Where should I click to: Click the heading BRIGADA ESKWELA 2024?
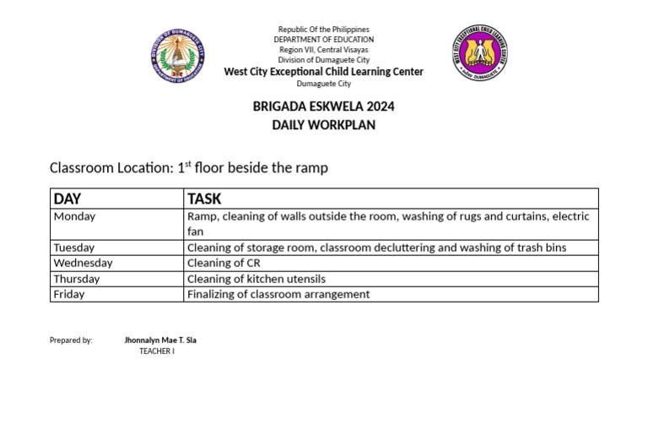(x=323, y=107)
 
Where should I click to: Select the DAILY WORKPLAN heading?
(x=323, y=125)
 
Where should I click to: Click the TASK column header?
(x=204, y=199)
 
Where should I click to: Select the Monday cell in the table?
(x=74, y=216)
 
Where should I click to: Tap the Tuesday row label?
(x=74, y=248)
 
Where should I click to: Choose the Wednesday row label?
(x=83, y=263)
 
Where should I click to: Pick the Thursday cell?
(x=77, y=279)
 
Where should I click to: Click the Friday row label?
(x=69, y=294)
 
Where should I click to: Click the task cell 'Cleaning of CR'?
(x=224, y=263)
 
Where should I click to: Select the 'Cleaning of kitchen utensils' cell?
(x=256, y=279)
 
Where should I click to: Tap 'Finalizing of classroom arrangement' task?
(x=278, y=294)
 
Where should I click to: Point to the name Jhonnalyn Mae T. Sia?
(x=160, y=341)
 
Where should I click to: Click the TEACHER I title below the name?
(x=157, y=351)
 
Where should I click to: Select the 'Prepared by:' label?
(x=71, y=341)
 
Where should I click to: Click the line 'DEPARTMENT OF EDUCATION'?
(x=323, y=40)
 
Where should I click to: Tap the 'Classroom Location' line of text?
(x=189, y=168)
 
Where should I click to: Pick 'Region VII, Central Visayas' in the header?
(x=323, y=50)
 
